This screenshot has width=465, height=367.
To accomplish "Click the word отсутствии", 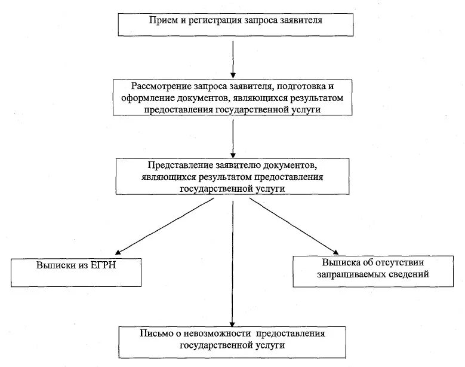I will tap(404, 262).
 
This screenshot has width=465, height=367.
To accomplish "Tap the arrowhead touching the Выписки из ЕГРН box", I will tap(119, 253).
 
